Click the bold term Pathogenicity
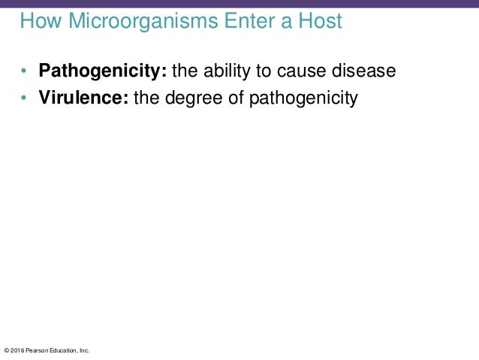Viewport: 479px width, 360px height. [103, 72]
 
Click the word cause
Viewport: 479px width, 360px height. [304, 72]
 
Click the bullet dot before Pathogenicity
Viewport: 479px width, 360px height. [24, 73]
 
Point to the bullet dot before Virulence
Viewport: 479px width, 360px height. [24, 98]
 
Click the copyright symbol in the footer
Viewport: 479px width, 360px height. [7, 350]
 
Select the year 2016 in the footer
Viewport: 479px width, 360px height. [17, 350]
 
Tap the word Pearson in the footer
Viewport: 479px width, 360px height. [38, 350]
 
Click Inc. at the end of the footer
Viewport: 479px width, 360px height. [85, 350]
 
